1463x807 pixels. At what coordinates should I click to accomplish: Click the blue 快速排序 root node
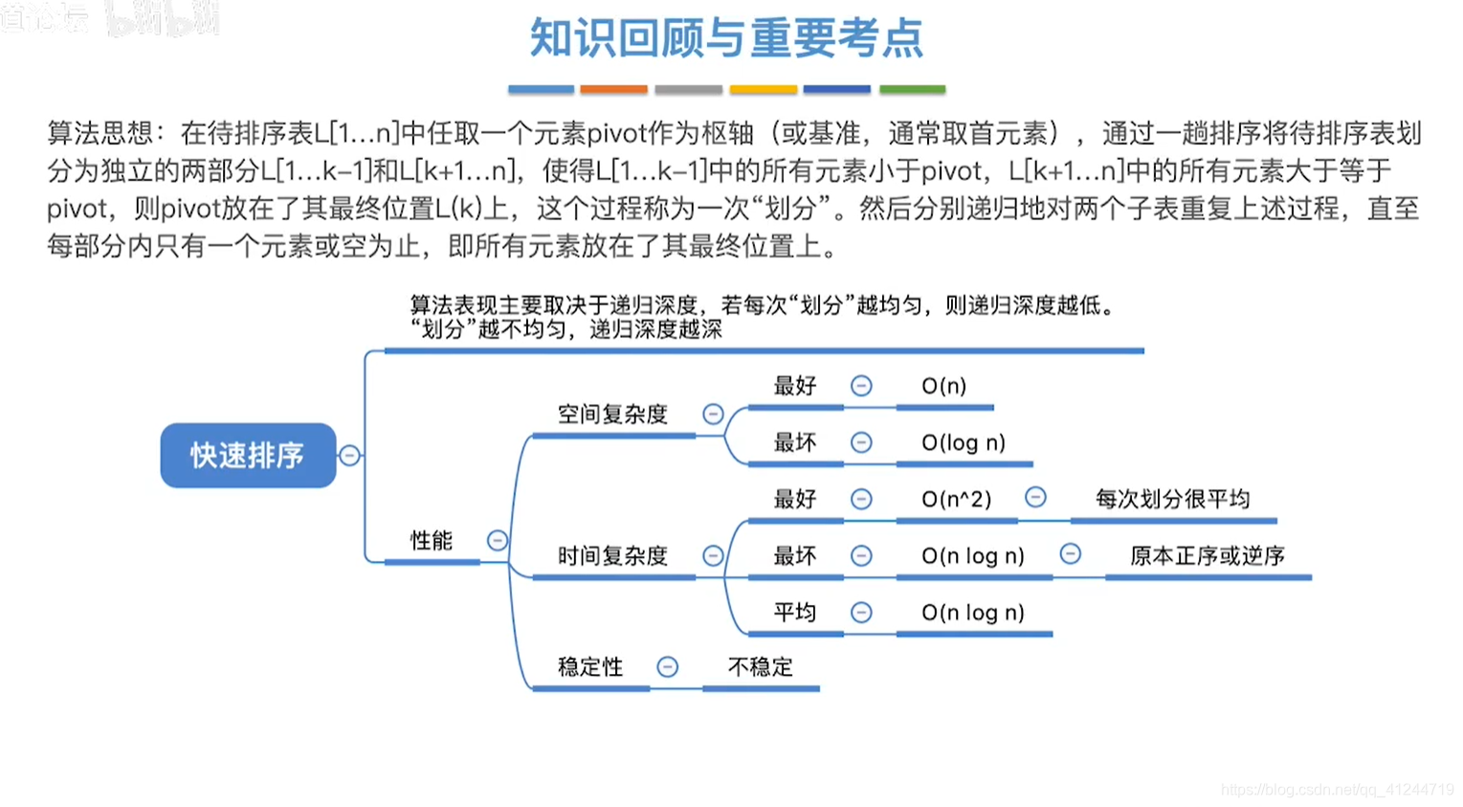248,456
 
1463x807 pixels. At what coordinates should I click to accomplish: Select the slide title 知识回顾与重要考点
726,38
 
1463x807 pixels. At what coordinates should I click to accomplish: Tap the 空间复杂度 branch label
612,415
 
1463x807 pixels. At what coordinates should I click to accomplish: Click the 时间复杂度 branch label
612,556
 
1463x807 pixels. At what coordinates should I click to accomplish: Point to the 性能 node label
431,541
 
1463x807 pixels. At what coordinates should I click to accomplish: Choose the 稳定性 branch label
590,667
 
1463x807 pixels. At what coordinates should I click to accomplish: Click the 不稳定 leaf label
761,667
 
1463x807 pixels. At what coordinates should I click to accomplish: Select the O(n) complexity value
943,386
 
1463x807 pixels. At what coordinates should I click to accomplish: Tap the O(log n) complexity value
963,442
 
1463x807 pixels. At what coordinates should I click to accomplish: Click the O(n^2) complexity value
956,499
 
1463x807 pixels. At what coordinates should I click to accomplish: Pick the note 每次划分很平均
1172,499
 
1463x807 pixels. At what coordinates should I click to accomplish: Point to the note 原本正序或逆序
1207,556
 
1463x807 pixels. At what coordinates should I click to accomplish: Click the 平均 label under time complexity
794,613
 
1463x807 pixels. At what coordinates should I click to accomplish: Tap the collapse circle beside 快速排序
350,456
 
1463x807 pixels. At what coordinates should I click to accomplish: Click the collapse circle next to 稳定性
668,667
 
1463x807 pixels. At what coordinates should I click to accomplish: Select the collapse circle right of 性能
498,541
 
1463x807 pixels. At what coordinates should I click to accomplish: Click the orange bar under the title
613,90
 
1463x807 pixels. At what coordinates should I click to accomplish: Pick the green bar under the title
912,90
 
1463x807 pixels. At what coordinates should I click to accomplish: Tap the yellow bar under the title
763,90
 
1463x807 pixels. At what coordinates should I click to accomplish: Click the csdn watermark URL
1337,790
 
